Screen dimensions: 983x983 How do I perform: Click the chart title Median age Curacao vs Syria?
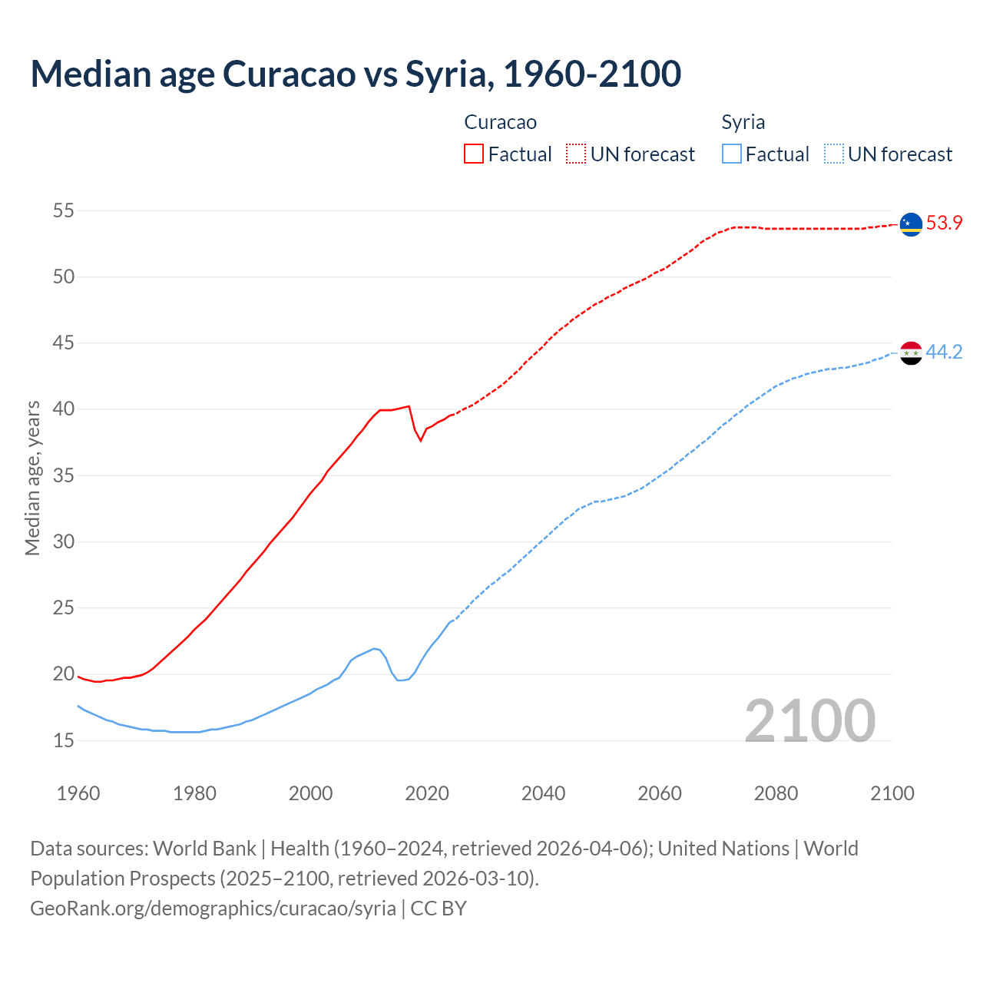(x=356, y=74)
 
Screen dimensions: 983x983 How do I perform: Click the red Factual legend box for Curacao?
(x=474, y=154)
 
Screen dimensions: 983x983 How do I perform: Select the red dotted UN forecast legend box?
(x=576, y=154)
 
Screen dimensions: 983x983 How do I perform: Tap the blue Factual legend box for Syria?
(x=732, y=154)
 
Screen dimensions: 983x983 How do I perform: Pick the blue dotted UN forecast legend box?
(x=834, y=154)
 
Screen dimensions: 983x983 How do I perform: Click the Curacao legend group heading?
(x=500, y=122)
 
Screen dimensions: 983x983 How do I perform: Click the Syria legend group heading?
(x=743, y=122)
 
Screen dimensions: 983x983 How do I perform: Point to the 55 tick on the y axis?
(x=64, y=210)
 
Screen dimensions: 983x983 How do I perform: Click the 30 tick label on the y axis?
(x=64, y=541)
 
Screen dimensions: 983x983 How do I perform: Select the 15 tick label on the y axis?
(x=64, y=740)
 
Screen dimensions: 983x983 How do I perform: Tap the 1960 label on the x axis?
(x=78, y=793)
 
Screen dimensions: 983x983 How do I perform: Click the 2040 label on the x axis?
(x=543, y=793)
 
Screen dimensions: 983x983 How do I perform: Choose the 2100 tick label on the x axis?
(x=892, y=793)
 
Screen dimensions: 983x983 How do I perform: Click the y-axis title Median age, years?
(x=32, y=478)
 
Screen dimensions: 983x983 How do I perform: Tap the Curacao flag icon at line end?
(x=911, y=224)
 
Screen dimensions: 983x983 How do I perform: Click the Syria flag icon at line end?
(x=911, y=353)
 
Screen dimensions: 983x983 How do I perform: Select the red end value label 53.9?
(x=944, y=223)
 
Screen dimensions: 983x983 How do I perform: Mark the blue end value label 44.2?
(x=944, y=352)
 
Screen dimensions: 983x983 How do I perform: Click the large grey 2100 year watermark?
(x=809, y=720)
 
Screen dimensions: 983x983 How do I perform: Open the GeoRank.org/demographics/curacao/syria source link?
(x=213, y=908)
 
